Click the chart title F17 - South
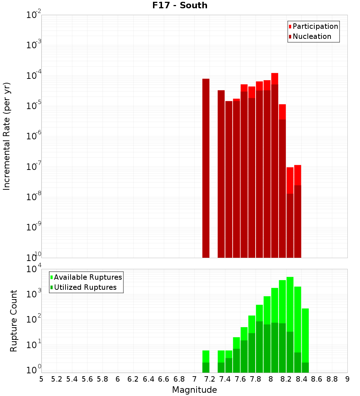(180, 5)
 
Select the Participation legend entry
(315, 27)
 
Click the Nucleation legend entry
(312, 37)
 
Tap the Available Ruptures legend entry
(88, 278)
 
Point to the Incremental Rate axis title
(7, 136)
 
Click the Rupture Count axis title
(14, 321)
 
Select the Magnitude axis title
(194, 390)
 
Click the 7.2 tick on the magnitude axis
(210, 379)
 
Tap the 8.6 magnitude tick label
(317, 379)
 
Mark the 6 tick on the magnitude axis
(118, 379)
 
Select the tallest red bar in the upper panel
(275, 166)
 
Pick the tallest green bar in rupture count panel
(290, 324)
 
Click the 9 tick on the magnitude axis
(347, 379)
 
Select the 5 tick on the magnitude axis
(41, 379)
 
